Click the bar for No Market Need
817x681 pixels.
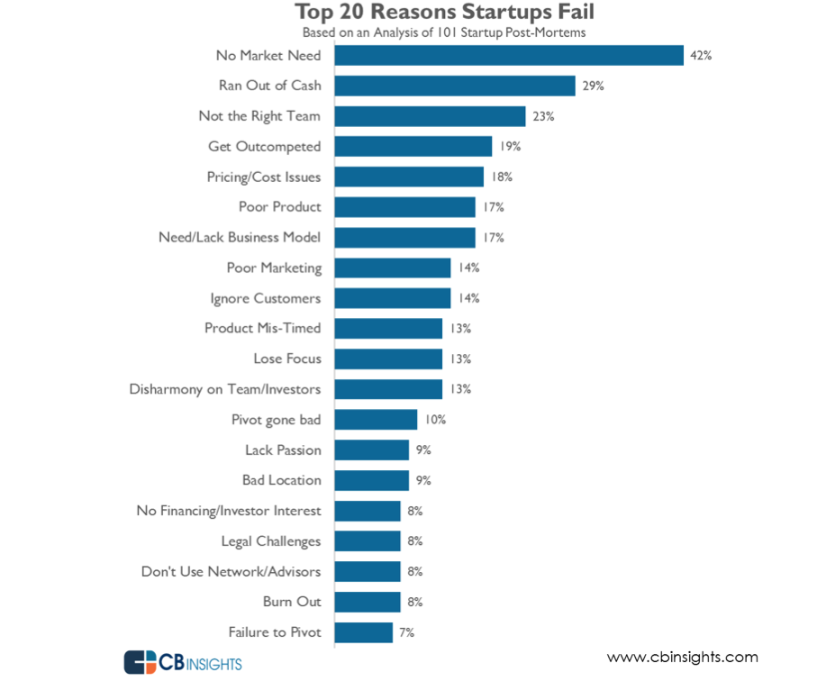(509, 56)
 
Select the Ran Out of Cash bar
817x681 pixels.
(455, 86)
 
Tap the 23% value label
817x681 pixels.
(543, 116)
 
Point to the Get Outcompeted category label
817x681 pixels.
(264, 146)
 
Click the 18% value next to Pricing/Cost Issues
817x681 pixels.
(502, 177)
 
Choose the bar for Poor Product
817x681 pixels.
(404, 207)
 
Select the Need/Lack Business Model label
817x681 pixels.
(240, 237)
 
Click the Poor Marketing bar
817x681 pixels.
(393, 268)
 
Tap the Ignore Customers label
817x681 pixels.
(265, 298)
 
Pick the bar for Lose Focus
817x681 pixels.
(388, 359)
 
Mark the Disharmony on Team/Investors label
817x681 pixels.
(225, 389)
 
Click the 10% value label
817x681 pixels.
(436, 420)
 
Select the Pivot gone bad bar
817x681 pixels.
(376, 420)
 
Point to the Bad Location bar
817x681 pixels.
(371, 480)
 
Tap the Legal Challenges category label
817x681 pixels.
(270, 541)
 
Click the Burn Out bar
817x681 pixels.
(368, 602)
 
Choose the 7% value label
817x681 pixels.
(407, 632)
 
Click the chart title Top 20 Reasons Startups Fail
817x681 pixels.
(445, 14)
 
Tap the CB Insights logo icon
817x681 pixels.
(140, 662)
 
